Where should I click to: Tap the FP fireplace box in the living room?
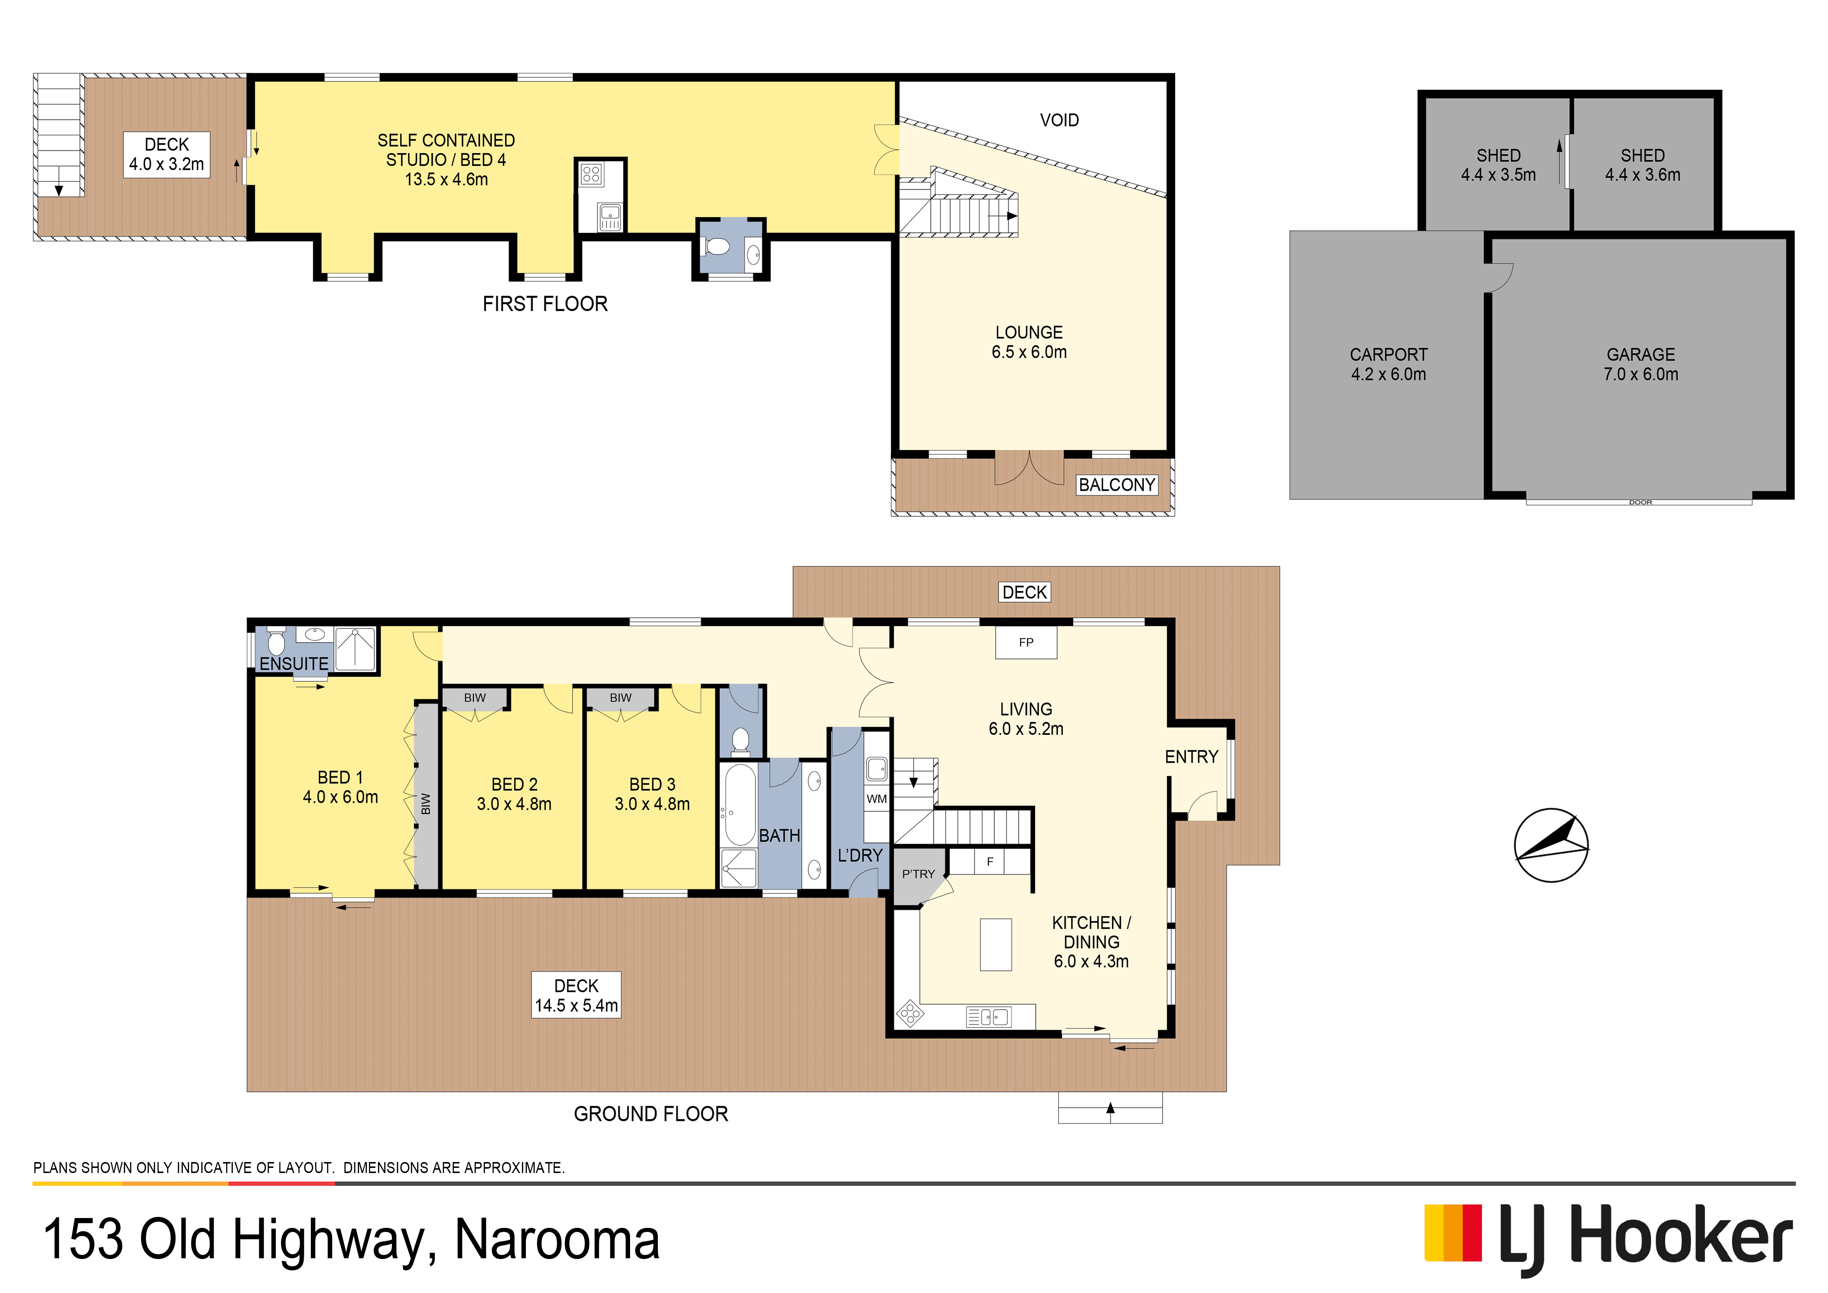tap(1026, 643)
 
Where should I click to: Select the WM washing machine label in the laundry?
tap(877, 798)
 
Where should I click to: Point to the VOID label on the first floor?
tap(1060, 120)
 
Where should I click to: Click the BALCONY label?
tap(1117, 485)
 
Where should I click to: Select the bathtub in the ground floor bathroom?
tap(740, 805)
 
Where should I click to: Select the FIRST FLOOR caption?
tap(545, 304)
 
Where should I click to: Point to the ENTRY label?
tap(1192, 757)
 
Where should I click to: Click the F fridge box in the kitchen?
tap(991, 861)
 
